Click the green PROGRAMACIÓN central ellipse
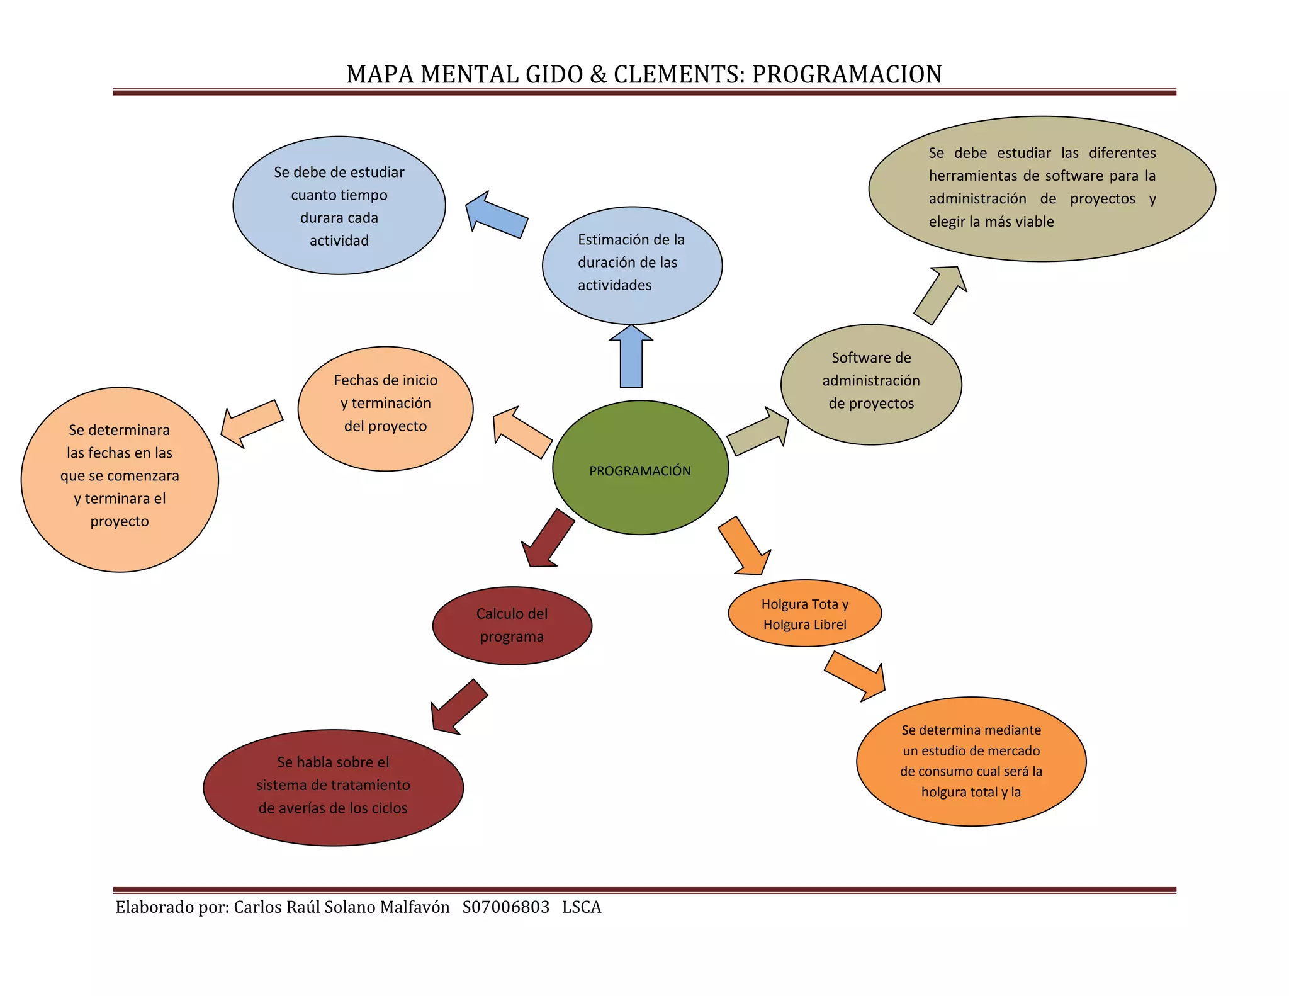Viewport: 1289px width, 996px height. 640,468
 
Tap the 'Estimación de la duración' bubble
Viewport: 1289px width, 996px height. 632,265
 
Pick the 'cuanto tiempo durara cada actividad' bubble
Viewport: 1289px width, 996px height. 339,206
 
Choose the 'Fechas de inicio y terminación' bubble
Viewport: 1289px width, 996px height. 385,409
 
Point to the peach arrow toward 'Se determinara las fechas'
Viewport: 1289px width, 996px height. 251,423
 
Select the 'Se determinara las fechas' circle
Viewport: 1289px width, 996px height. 120,479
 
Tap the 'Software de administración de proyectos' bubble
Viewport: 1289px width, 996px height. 871,384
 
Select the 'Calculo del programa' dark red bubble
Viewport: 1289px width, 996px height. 512,625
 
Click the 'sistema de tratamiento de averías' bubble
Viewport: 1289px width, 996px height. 333,787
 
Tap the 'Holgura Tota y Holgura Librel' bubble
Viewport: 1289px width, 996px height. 804,613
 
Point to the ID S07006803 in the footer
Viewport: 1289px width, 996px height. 505,907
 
